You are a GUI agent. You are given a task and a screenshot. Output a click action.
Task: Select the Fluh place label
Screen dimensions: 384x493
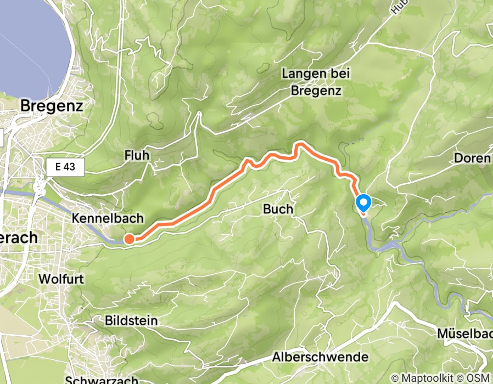pos(137,156)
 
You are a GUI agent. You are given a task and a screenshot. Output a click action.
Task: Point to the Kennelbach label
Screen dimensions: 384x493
pos(108,218)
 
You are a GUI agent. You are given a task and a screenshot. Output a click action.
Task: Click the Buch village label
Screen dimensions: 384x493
pos(278,210)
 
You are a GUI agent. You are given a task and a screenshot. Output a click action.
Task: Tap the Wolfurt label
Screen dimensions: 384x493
pos(61,279)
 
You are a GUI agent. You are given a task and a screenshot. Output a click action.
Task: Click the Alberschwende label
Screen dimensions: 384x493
pos(321,357)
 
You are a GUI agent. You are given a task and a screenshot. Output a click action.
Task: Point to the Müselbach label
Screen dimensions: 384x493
pos(466,333)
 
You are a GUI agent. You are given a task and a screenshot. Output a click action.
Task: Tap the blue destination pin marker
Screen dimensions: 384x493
pos(363,204)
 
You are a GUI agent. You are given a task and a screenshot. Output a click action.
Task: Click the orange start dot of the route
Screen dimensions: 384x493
pos(128,239)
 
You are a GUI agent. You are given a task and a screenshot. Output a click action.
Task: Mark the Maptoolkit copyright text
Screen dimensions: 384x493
pos(421,378)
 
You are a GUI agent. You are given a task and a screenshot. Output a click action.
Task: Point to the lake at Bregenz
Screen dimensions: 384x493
pos(33,44)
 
